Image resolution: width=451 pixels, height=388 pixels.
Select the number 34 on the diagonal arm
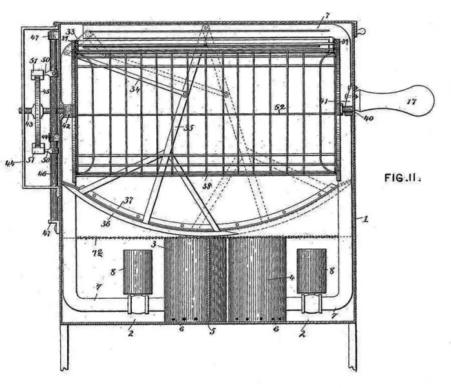tap(134, 89)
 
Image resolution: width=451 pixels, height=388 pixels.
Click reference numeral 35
tap(188, 127)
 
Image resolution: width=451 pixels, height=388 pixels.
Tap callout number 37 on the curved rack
tap(129, 200)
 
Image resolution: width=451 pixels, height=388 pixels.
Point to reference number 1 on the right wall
tap(366, 219)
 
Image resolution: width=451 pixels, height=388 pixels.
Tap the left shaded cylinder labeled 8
tap(137, 272)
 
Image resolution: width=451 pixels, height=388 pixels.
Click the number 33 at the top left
tap(70, 30)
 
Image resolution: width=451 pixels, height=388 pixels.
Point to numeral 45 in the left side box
tap(46, 91)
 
